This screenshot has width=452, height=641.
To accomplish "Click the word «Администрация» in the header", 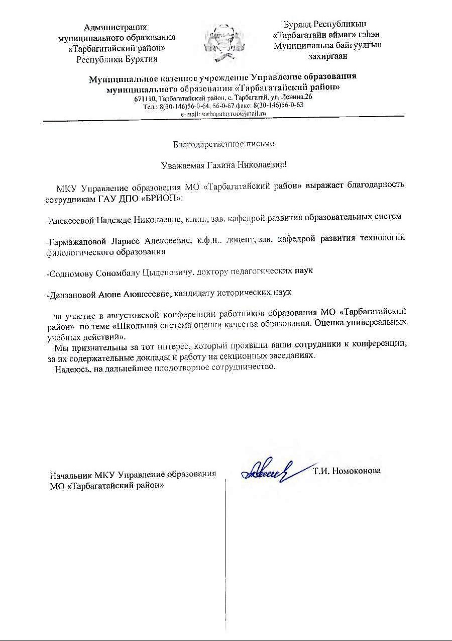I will click(116, 27).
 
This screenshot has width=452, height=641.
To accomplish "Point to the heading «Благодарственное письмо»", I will click(224, 144).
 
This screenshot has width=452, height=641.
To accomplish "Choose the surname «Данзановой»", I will click(71, 292).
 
